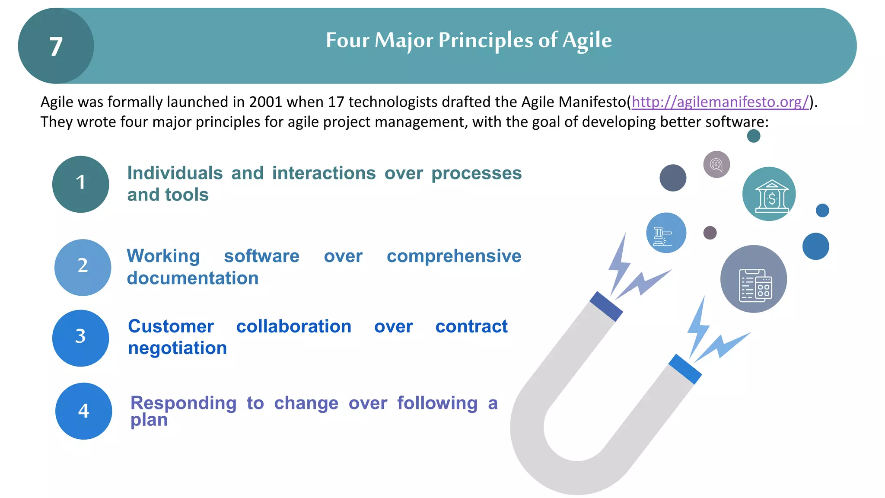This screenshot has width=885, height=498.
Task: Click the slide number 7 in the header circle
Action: (56, 46)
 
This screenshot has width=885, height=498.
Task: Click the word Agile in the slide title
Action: (587, 40)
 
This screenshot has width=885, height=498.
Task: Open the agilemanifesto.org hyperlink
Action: (720, 102)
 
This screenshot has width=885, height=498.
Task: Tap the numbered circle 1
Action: (80, 184)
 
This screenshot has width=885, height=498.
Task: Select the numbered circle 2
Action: (83, 267)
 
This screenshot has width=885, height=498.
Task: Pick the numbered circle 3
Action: (80, 338)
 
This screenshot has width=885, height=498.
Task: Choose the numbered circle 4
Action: (83, 411)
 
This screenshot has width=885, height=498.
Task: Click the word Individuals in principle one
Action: (175, 173)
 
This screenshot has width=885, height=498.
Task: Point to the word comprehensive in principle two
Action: (454, 256)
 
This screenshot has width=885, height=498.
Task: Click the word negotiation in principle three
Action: (177, 348)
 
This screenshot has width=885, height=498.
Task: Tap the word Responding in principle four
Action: (183, 403)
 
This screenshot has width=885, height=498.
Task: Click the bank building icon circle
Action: (769, 194)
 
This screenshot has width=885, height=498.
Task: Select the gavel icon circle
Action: (666, 233)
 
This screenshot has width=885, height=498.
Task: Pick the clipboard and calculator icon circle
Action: (753, 279)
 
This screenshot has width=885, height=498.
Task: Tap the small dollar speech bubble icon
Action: (716, 164)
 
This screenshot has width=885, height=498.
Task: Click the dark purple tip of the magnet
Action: (606, 306)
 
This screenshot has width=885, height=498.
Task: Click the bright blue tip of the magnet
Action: (685, 369)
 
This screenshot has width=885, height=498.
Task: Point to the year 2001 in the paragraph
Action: (265, 102)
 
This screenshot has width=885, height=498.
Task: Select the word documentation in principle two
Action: (193, 278)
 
